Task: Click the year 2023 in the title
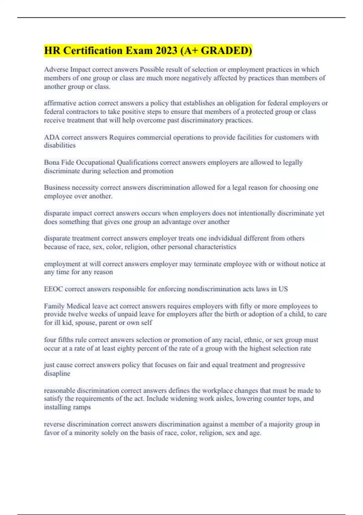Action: pos(167,51)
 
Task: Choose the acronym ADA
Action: pos(52,137)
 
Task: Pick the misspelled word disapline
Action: pos(57,374)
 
